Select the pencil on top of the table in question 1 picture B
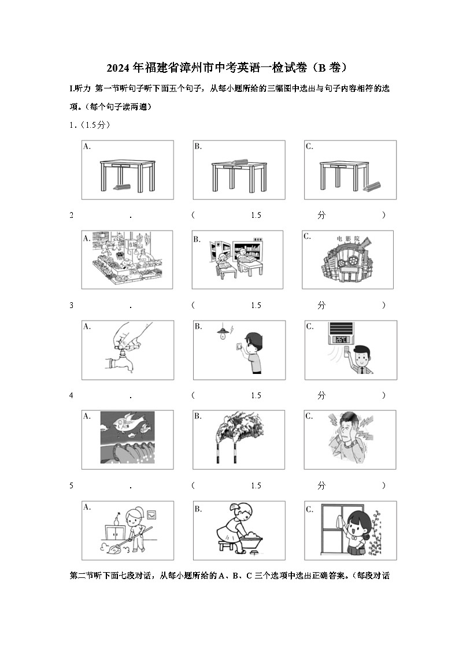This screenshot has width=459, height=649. pos(238,161)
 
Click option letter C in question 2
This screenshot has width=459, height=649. pos(308,236)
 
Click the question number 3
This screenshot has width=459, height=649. pos(72,305)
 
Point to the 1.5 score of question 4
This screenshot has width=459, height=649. pos(256,395)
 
